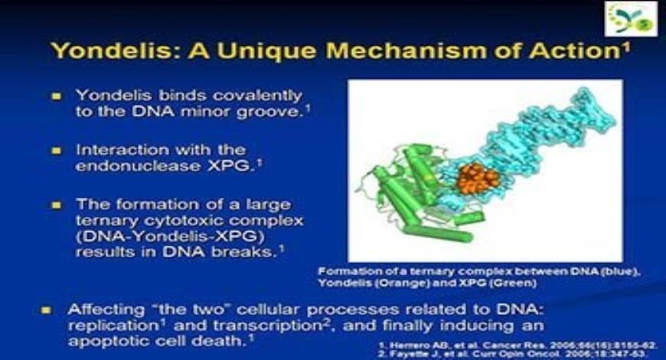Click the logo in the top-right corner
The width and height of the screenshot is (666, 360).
pos(631,19)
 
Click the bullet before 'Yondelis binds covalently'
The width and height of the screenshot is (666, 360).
pos(56,97)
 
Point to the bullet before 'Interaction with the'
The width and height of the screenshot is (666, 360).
pos(56,150)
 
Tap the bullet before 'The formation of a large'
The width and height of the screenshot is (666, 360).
pos(56,205)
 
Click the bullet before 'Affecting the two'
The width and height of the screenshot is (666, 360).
pos(47,311)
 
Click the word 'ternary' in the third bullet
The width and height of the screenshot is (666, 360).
pos(101,221)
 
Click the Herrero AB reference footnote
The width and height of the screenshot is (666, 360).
pos(521,344)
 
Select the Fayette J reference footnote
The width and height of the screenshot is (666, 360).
pos(521,353)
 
